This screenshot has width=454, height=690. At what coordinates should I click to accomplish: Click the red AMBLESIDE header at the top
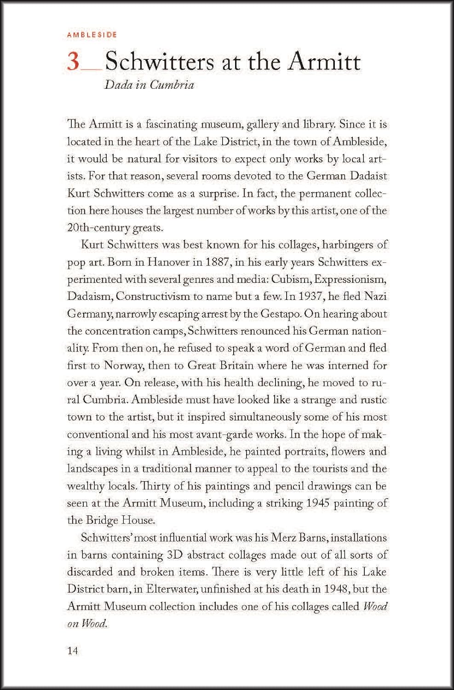coord(92,34)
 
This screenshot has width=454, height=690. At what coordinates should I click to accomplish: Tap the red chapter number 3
coord(74,62)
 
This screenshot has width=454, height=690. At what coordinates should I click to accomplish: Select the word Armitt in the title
coord(324,62)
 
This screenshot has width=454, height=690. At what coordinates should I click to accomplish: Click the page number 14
coord(73,650)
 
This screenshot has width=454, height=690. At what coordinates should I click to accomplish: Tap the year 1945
coord(316,503)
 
